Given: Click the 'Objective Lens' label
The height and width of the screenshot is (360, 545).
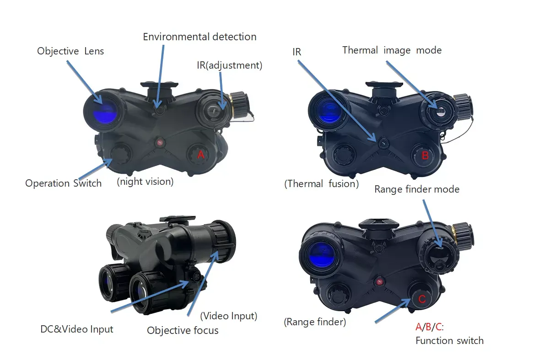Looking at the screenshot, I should [70, 51].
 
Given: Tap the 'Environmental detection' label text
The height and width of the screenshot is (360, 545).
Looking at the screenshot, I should [200, 37].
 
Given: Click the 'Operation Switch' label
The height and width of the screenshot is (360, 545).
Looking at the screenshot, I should [63, 183].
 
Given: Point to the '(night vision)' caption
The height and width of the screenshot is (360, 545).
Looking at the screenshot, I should [145, 181].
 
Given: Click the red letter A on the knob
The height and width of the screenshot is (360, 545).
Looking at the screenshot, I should [200, 155].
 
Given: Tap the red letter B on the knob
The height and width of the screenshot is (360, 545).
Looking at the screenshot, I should [425, 156].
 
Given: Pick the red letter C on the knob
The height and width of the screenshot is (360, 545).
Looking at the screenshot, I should [422, 299].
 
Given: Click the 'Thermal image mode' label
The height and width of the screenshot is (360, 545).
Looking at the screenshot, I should [392, 50].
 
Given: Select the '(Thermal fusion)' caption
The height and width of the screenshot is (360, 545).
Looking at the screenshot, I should [321, 184].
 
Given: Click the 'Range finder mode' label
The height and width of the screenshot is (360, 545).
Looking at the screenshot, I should [417, 189].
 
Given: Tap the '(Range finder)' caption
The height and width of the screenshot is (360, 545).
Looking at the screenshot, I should [315, 322].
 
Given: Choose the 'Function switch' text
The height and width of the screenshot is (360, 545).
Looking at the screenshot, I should [449, 341].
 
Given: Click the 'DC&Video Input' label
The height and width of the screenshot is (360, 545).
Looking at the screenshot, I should [76, 329].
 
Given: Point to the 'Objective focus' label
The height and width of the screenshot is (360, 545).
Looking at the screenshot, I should [183, 330].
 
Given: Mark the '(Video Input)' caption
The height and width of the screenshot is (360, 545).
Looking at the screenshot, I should [229, 316].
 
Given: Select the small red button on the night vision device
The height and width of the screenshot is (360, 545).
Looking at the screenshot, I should [160, 142].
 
